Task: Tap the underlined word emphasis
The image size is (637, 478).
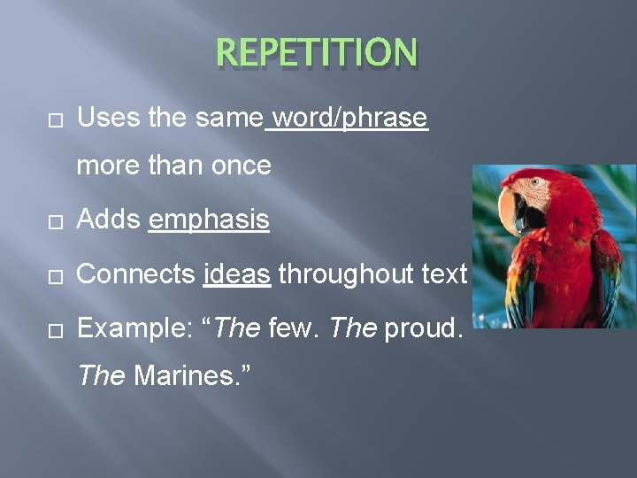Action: click(209, 220)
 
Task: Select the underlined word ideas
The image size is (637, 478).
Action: click(236, 274)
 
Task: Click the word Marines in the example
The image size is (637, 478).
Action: click(181, 377)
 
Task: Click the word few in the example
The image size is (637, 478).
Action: click(293, 329)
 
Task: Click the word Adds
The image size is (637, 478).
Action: click(109, 220)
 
